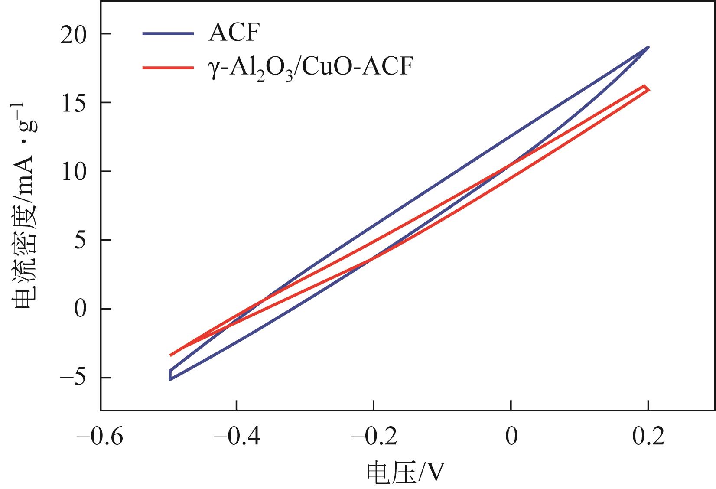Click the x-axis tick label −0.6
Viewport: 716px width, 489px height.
[100, 437]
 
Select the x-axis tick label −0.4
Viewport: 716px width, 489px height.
[237, 437]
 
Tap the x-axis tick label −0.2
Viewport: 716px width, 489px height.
[374, 437]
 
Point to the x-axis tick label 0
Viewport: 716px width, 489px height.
[511, 437]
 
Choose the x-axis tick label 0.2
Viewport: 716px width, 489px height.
[648, 437]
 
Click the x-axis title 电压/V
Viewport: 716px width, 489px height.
[406, 473]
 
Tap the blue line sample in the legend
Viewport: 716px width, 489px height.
[168, 33]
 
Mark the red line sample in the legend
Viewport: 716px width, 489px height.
[168, 68]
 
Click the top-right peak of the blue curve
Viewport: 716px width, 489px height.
[648, 47]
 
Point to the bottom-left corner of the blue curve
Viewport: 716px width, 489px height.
[170, 379]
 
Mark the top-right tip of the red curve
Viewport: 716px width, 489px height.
[645, 87]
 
